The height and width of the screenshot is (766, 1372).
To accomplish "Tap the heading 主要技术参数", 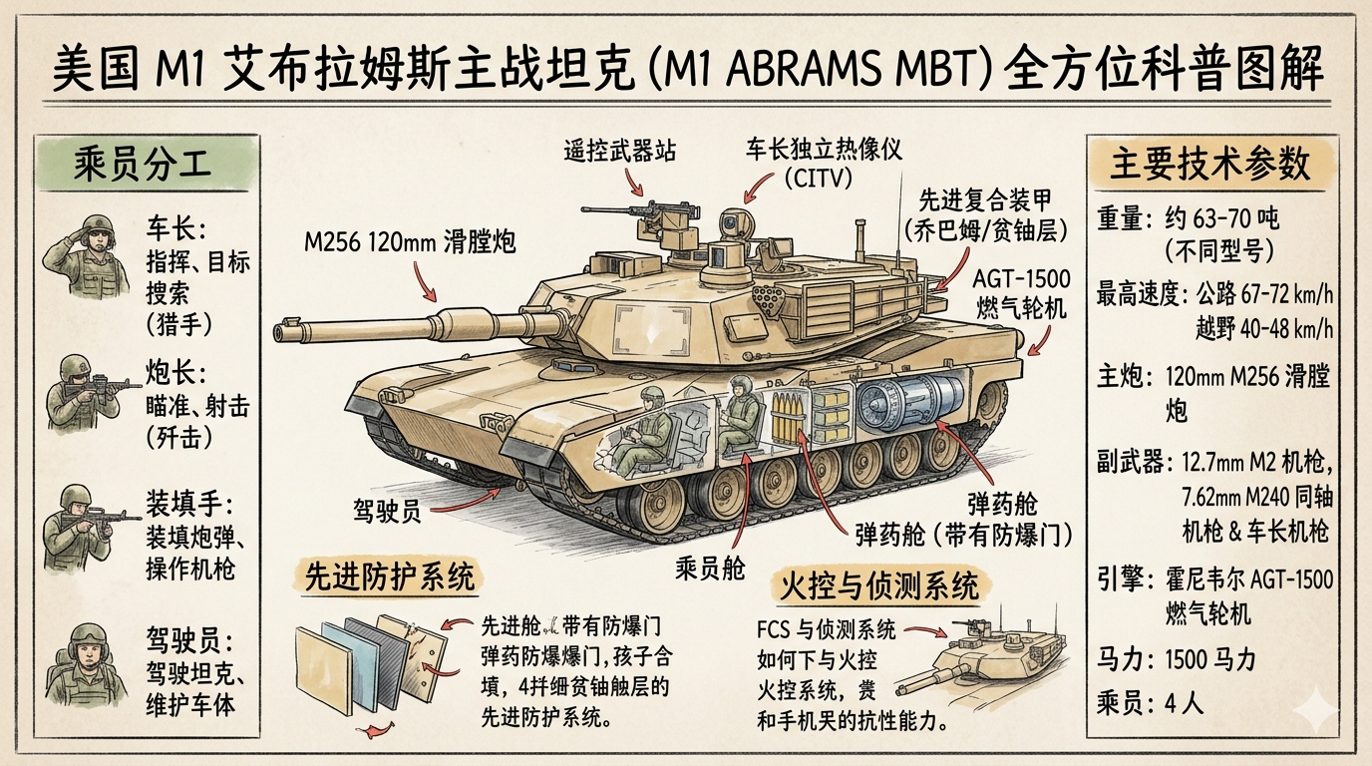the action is pos(1210,165).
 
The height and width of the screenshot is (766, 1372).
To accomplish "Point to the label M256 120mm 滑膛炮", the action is pos(411,241).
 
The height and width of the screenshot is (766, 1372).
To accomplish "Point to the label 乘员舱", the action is pos(710,568).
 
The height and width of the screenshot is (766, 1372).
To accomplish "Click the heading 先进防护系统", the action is pos(390,577).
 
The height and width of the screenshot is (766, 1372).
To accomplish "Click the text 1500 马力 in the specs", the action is pos(1209,658).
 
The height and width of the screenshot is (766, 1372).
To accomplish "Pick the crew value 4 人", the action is pos(1184,701).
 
